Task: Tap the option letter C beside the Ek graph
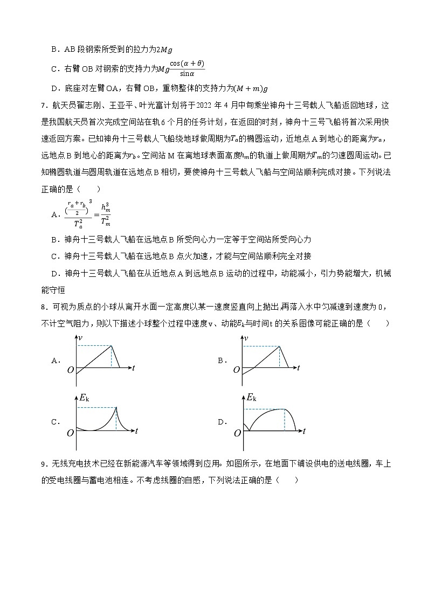[55, 422]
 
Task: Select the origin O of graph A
[70, 370]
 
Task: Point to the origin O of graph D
[238, 433]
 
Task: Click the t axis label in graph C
[136, 430]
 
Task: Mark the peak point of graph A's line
[111, 346]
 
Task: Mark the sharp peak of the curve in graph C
[116, 408]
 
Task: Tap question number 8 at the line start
[44, 307]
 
